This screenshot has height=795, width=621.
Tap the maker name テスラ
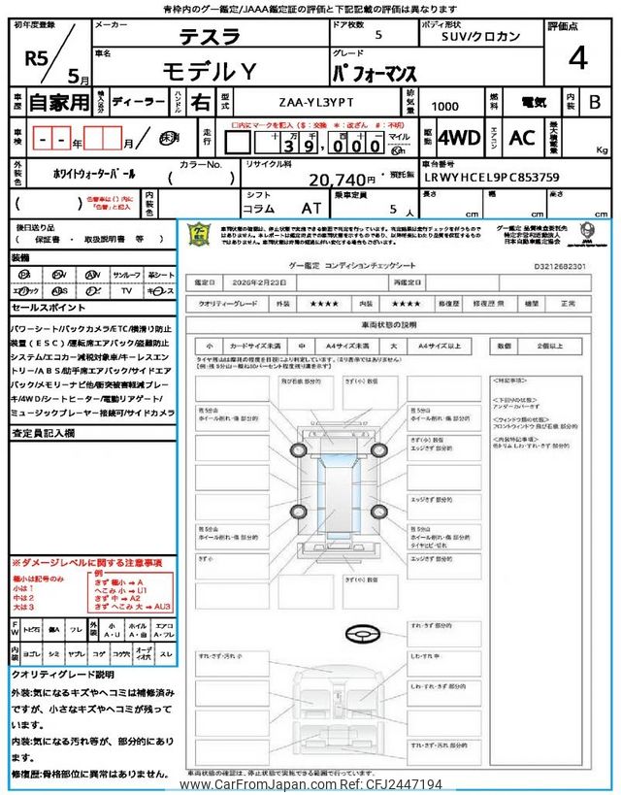tap(209, 37)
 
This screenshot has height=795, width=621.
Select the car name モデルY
tap(209, 70)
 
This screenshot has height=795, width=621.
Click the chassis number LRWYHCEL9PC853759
tap(491, 178)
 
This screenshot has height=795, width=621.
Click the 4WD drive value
tap(459, 137)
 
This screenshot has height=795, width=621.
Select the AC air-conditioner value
tap(521, 137)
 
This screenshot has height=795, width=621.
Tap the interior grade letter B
tap(595, 101)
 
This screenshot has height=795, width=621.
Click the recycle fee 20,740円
tap(342, 180)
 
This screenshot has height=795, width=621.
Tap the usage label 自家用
tap(52, 102)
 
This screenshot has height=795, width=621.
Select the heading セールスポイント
tap(49, 308)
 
